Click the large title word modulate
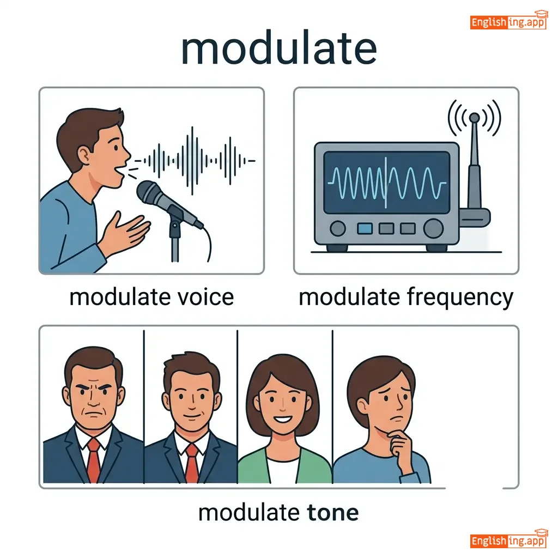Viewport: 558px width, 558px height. point(279,48)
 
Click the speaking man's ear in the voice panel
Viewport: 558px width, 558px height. point(84,155)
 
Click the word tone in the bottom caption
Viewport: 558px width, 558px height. point(333,513)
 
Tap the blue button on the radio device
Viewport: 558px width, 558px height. point(365,228)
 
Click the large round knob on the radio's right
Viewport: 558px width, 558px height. point(433,228)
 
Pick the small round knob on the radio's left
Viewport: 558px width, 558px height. point(337,228)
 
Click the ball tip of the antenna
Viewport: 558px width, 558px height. point(474,118)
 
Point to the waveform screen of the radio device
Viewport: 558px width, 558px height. point(386,183)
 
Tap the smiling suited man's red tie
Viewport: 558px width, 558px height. point(192,463)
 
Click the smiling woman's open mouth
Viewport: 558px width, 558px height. point(283,419)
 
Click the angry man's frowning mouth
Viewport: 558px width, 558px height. point(93,415)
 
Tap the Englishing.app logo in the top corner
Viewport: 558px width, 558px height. point(508,21)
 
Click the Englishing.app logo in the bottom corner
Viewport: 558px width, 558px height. point(508,540)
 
